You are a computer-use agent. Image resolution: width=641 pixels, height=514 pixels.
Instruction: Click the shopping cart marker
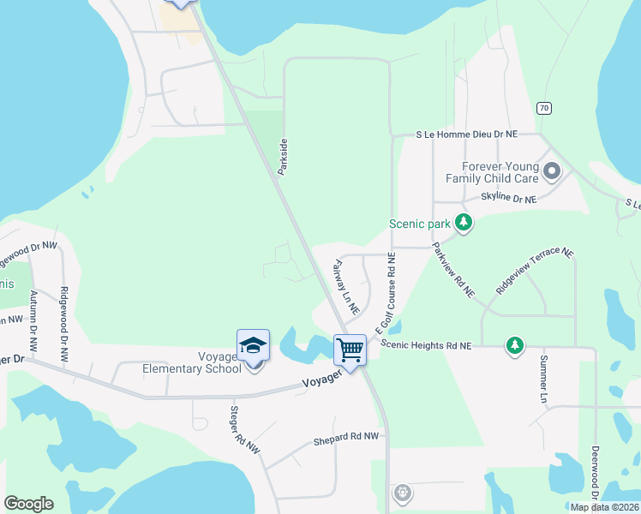[350, 350]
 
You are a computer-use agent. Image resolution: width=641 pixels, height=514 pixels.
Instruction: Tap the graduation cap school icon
[253, 345]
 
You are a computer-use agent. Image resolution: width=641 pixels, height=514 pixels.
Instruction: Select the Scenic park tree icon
[464, 224]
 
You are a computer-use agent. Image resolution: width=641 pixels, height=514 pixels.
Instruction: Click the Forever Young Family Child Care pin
[551, 172]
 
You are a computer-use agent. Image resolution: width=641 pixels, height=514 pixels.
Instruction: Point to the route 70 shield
[544, 108]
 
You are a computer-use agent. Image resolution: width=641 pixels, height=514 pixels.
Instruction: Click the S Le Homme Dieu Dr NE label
[466, 134]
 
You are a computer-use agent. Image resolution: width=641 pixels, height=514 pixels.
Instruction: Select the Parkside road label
[282, 158]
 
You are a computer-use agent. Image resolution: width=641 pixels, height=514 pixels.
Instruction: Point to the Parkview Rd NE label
[453, 269]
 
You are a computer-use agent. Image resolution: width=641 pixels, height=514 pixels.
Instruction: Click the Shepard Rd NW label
[345, 437]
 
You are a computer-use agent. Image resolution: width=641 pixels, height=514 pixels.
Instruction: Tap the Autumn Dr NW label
[33, 322]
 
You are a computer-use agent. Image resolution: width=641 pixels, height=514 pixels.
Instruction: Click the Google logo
[28, 504]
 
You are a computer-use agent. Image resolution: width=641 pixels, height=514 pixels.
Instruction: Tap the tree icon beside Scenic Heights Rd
[514, 345]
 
